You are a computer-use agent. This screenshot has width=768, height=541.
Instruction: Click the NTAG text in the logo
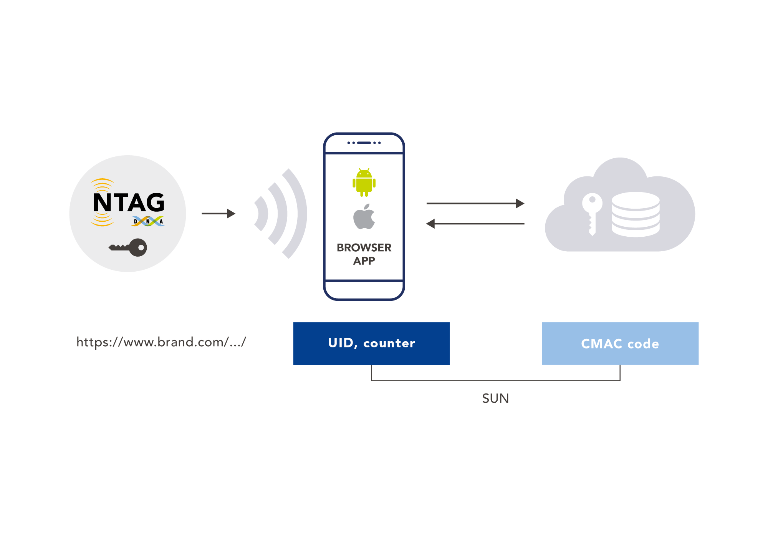(x=129, y=202)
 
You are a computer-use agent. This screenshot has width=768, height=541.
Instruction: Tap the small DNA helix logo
(x=148, y=221)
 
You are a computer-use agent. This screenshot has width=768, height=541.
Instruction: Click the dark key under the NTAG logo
(x=129, y=247)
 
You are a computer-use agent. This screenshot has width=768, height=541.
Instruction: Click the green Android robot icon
(x=364, y=183)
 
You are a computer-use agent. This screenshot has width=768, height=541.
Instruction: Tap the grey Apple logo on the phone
(x=364, y=217)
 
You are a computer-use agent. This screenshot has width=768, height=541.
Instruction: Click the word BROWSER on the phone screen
(x=364, y=247)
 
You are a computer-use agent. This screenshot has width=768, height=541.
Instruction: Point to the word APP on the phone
(x=364, y=261)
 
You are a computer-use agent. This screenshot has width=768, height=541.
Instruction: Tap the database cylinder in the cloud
(x=636, y=214)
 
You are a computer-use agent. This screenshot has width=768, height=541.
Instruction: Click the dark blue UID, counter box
(x=371, y=343)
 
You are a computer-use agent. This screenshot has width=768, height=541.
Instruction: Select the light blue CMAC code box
(x=620, y=343)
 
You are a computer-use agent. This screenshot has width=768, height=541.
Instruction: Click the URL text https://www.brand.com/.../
(x=161, y=342)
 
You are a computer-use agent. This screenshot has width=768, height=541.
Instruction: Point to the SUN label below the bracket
(x=495, y=398)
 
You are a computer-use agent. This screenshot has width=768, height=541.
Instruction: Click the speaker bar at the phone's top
(x=364, y=143)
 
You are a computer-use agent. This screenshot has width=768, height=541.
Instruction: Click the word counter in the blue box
(x=389, y=343)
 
